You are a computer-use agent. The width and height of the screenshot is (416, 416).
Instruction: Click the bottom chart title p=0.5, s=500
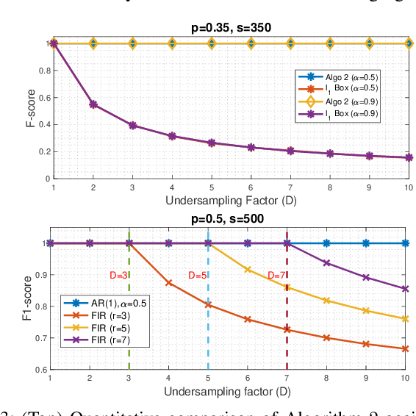[x=226, y=219]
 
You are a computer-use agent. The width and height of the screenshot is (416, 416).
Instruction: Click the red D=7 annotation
[x=276, y=276]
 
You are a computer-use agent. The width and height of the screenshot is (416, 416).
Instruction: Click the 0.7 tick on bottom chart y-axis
[x=40, y=338]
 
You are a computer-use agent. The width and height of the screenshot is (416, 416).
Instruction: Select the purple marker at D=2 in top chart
[x=93, y=104]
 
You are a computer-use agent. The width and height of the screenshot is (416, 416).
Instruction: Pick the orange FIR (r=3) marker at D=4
[x=169, y=282]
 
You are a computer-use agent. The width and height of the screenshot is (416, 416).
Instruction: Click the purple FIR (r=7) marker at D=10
[x=404, y=289]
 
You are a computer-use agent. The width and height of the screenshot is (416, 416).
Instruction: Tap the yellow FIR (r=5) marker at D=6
[x=247, y=270]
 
